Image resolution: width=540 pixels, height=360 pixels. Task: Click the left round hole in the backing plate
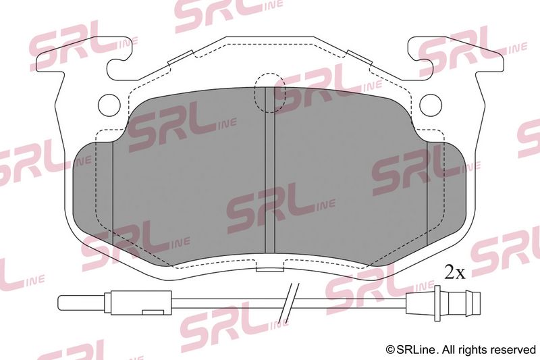click(109, 105)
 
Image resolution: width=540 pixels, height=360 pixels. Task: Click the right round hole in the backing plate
click(431, 105)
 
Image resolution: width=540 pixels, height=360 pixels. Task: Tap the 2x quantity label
click(454, 272)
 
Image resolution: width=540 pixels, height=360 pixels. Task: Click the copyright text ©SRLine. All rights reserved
click(461, 350)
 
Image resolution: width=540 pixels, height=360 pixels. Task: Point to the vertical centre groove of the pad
click(269, 170)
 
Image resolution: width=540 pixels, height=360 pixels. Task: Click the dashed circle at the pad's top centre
click(269, 93)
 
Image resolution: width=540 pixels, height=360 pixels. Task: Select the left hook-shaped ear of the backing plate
click(82, 55)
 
